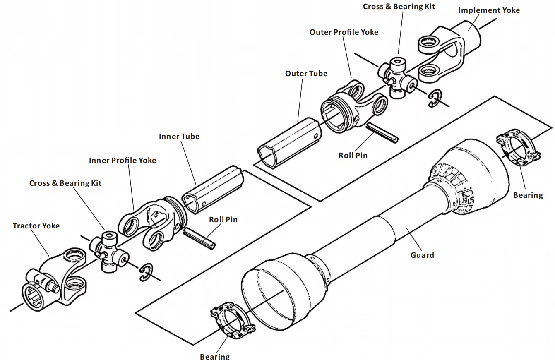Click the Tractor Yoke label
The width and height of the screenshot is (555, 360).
coord(36,226)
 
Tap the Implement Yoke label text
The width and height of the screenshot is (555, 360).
coord(488,10)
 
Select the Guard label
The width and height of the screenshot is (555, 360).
coord(422,255)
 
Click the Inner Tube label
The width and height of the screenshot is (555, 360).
coord(179,137)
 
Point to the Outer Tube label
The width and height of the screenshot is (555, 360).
coord(306,74)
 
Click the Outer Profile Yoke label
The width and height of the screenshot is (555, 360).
coord(344,32)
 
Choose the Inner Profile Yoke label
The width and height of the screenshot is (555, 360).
coord(123,161)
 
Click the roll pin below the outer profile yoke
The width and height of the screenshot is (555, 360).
coord(382,132)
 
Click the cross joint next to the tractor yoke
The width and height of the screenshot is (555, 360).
coord(109,252)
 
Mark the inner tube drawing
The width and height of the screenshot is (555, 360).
coord(213,189)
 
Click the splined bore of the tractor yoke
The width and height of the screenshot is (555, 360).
coord(33,295)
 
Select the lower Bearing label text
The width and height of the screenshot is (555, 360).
coord(214,356)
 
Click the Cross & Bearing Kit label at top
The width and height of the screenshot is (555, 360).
coord(399,7)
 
